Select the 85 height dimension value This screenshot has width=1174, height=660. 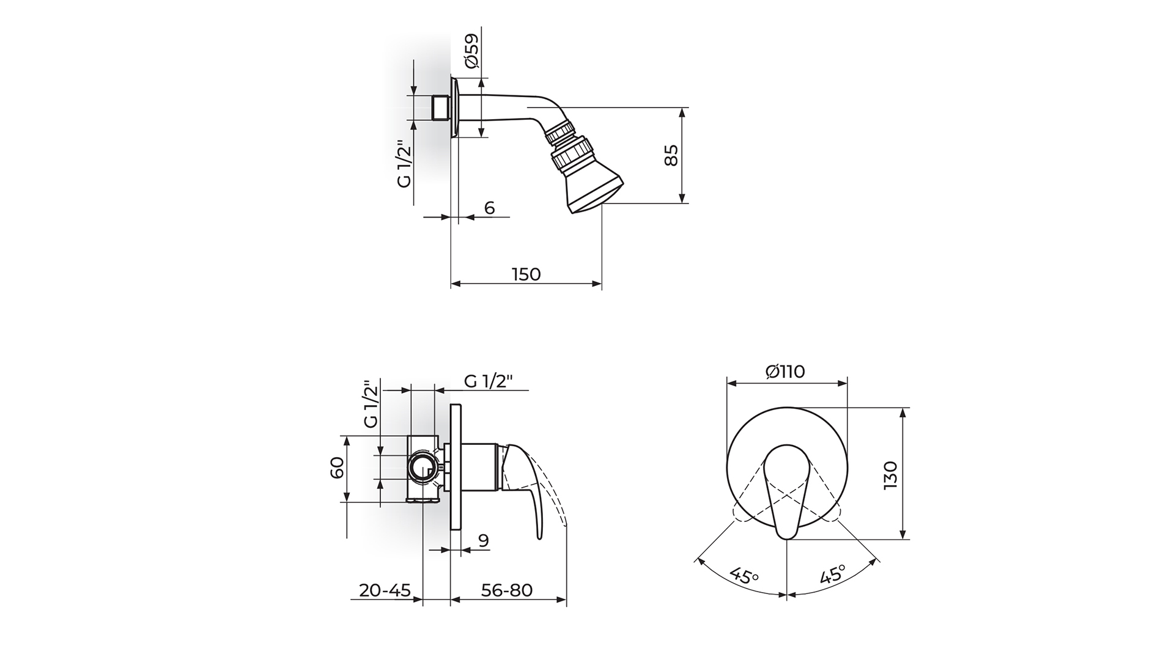coord(671,155)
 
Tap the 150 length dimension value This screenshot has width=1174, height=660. coord(526,274)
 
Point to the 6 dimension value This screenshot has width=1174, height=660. coord(489,208)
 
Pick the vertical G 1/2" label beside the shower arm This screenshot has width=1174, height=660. coord(404,164)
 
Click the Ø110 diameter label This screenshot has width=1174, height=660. coord(786,371)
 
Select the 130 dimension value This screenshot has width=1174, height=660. coord(890,475)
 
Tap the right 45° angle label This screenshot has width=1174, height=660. coord(832,575)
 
